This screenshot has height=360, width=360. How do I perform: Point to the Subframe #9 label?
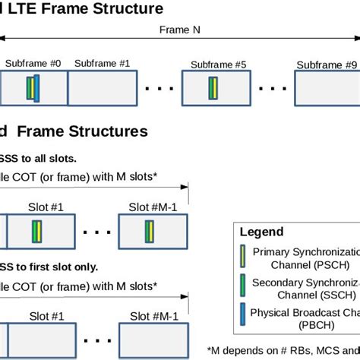(x=327, y=65)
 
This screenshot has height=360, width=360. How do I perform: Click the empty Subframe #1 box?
(x=103, y=88)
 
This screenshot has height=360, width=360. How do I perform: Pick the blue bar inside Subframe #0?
(x=36, y=88)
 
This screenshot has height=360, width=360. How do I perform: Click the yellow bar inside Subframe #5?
(x=215, y=88)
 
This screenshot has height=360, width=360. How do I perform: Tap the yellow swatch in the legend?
(x=242, y=257)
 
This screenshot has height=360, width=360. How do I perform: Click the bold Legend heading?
(x=261, y=232)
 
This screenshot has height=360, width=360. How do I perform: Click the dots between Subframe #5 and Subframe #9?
(x=270, y=89)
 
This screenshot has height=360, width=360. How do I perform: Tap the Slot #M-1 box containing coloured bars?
(x=153, y=232)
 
